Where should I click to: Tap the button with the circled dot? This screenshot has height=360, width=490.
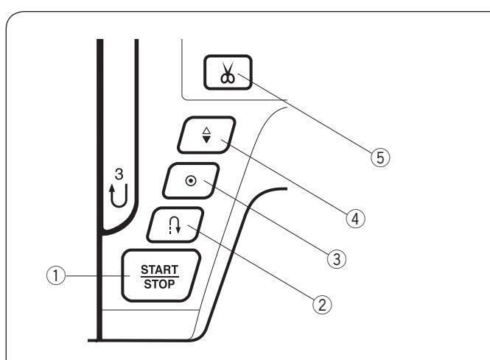pyautogui.click(x=189, y=180)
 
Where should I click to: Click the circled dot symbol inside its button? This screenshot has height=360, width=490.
pyautogui.click(x=189, y=180)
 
